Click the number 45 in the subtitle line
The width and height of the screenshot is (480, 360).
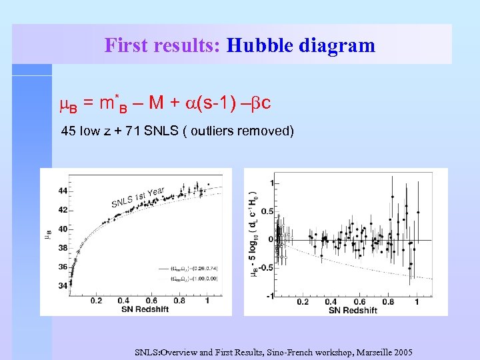(68, 131)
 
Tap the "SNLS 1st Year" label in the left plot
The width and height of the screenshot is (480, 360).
(137, 197)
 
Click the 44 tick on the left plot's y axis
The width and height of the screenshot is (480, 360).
(63, 191)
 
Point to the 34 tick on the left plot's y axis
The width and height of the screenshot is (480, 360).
(63, 286)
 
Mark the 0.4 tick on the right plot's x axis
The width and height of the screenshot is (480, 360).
(331, 302)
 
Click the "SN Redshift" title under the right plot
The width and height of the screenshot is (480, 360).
(353, 310)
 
